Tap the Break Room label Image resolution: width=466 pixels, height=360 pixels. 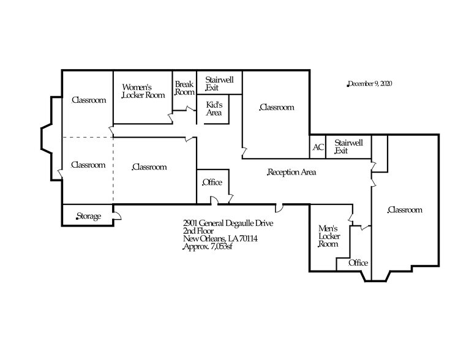(184, 88)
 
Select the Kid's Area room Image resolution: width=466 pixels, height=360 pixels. (214, 109)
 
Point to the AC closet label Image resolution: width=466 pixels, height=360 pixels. (318, 148)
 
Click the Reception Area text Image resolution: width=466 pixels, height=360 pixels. (291, 173)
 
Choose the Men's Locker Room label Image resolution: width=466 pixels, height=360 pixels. (328, 236)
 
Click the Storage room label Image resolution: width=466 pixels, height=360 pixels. (88, 216)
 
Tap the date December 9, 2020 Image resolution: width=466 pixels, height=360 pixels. (369, 83)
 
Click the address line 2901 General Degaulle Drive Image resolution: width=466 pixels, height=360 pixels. (228, 223)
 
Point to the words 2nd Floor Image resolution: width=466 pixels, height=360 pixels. (197, 231)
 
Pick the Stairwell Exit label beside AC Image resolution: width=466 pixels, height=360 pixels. (348, 146)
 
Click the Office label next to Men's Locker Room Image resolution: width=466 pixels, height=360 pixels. (358, 263)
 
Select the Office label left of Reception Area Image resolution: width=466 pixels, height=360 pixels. (212, 182)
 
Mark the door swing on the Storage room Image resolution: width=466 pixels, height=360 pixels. (118, 215)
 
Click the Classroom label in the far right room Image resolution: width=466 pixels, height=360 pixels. (405, 210)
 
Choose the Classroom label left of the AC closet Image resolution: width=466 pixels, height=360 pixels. (277, 107)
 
